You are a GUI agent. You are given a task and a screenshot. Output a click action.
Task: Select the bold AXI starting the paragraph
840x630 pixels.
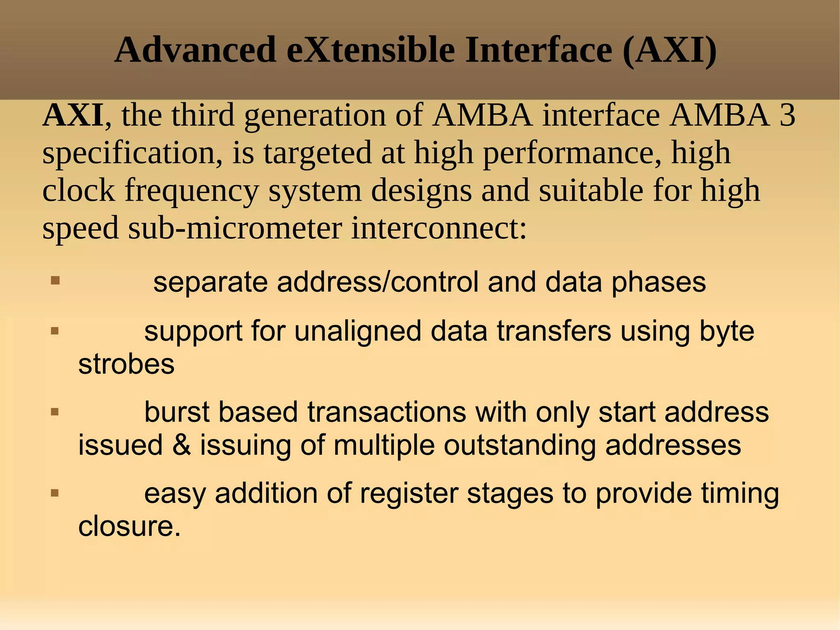tap(73, 116)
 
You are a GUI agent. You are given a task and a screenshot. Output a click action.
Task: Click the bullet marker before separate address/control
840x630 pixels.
tap(55, 281)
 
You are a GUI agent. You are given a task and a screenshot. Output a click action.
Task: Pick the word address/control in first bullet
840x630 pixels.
tap(377, 282)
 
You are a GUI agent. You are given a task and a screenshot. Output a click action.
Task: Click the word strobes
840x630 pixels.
tap(126, 364)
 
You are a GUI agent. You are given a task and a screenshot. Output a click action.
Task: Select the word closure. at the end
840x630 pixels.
tap(129, 527)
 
